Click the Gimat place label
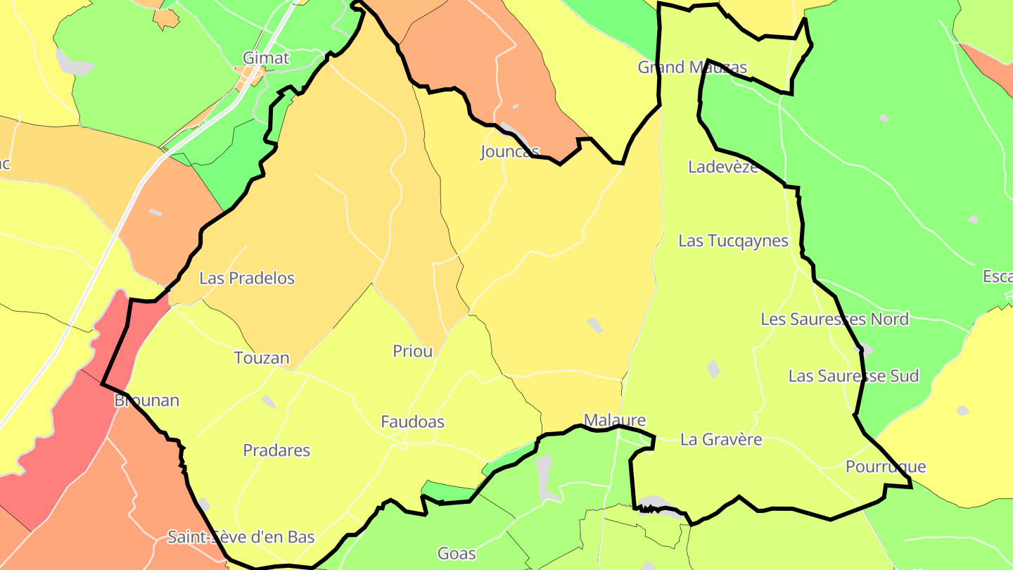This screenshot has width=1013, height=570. (265, 58)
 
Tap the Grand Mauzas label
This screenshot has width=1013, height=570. (692, 68)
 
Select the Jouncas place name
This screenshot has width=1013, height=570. (509, 151)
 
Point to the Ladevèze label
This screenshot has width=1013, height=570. (723, 167)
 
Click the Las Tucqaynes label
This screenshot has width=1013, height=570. (733, 241)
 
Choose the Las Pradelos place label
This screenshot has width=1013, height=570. (247, 278)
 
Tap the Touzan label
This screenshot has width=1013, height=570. (262, 358)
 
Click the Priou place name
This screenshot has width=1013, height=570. (413, 351)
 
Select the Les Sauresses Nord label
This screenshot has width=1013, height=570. (834, 319)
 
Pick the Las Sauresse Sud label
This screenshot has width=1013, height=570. (853, 376)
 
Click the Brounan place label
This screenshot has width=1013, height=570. (146, 400)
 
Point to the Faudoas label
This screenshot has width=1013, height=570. (412, 422)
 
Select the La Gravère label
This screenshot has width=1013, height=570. (721, 440)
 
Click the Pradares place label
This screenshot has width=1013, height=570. (276, 450)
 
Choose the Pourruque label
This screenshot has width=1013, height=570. (886, 467)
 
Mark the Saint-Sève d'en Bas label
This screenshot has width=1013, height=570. (241, 537)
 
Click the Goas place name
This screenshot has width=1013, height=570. (457, 553)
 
